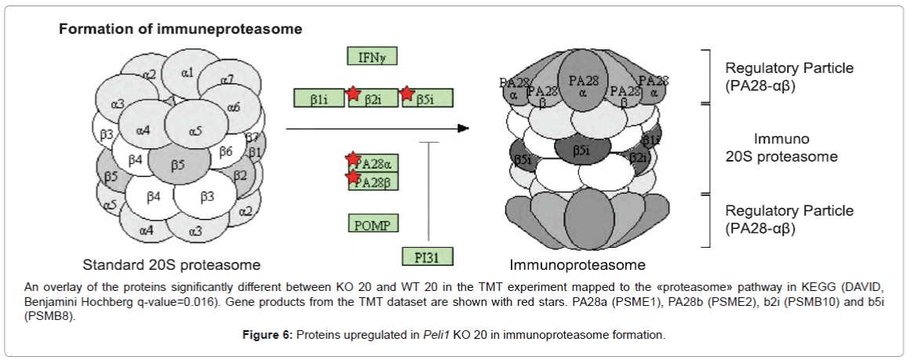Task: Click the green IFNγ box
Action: [373, 56]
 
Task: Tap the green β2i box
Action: [375, 99]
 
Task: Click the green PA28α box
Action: [373, 164]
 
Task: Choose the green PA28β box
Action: [373, 182]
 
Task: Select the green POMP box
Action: [373, 224]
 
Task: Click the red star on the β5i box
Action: [407, 94]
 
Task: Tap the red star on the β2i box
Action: [354, 94]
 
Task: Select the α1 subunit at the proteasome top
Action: [187, 73]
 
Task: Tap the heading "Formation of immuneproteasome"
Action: [180, 29]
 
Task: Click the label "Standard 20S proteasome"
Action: [171, 264]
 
